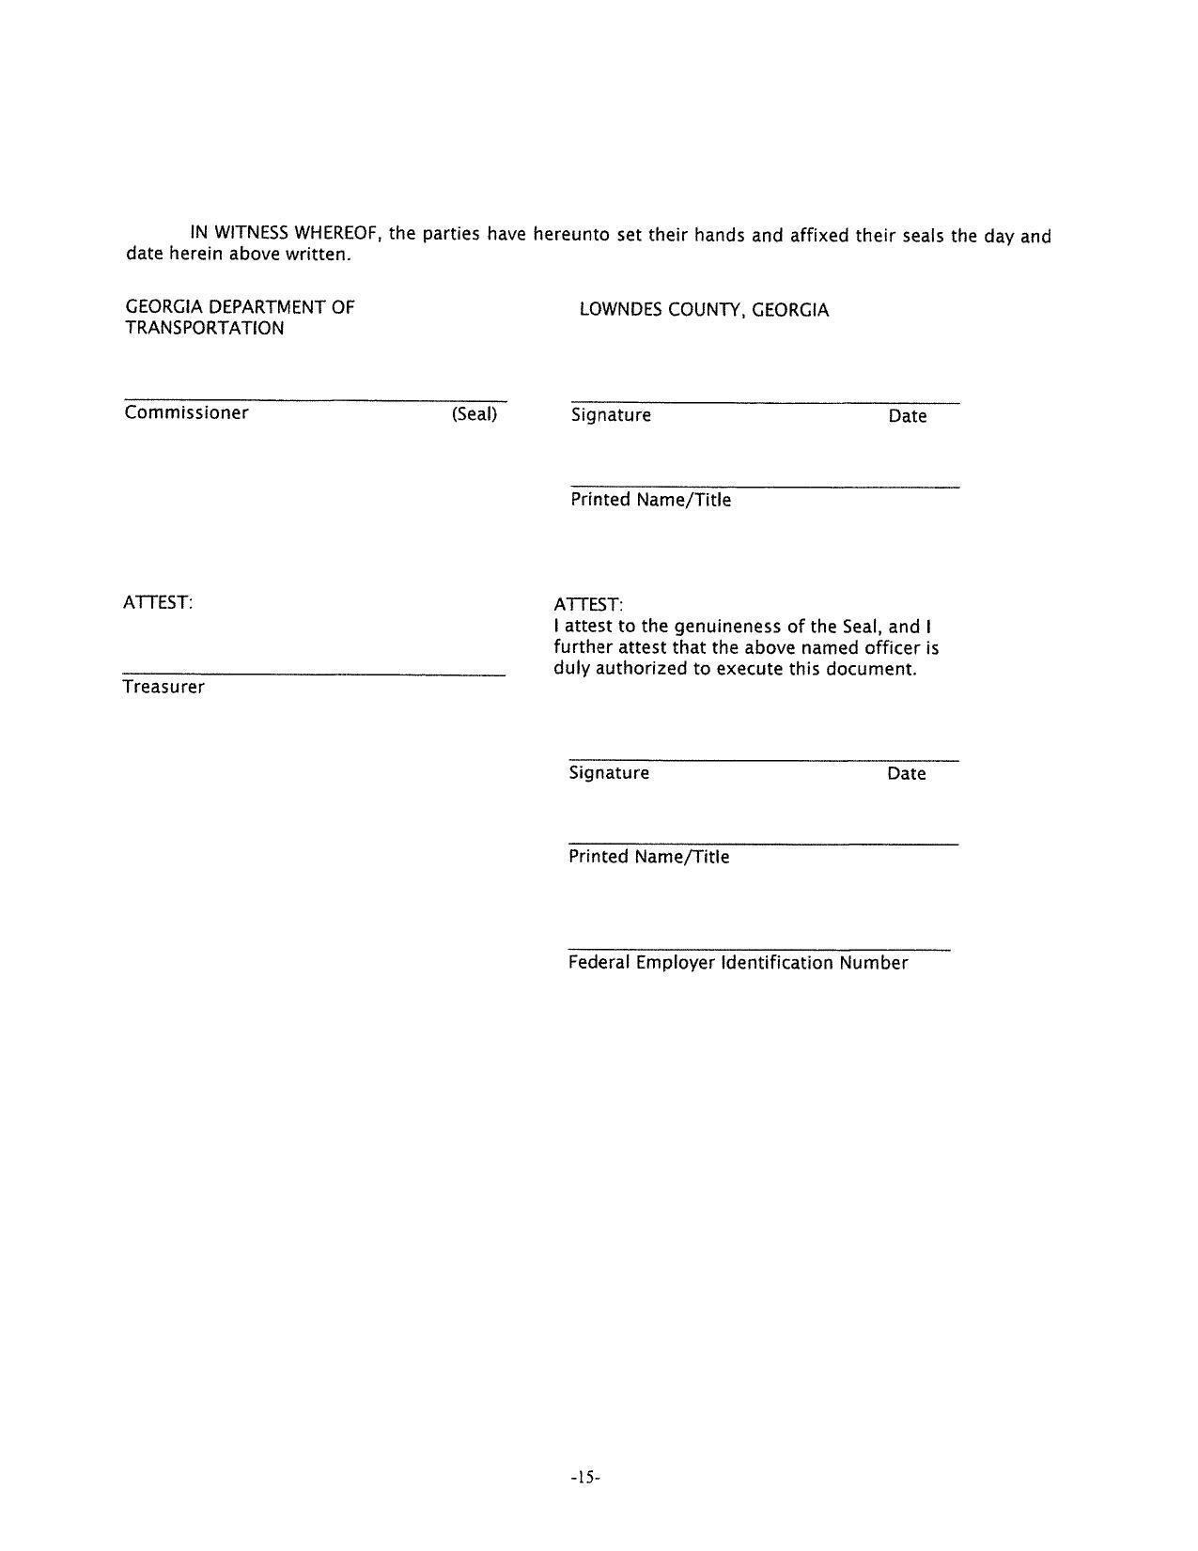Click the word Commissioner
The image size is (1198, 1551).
tap(186, 412)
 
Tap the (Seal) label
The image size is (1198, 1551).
tap(474, 413)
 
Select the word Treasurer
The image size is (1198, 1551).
tap(163, 687)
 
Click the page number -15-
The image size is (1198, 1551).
tap(584, 1478)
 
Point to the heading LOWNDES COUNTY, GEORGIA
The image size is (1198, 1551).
tap(704, 310)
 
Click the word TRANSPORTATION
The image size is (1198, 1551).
tap(205, 328)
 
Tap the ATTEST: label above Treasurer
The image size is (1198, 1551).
tap(158, 602)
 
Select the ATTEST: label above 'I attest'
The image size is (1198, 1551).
tap(588, 604)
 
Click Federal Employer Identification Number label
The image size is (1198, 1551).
tap(738, 963)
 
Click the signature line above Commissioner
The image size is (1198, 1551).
tap(315, 401)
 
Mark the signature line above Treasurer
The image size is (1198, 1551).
tap(313, 675)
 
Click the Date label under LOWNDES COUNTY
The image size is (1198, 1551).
tap(907, 416)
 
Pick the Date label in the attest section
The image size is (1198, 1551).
tap(906, 774)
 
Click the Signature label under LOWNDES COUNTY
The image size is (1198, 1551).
tap(611, 415)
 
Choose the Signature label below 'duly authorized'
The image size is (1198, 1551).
tap(609, 773)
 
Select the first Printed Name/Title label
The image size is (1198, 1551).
tap(650, 500)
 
